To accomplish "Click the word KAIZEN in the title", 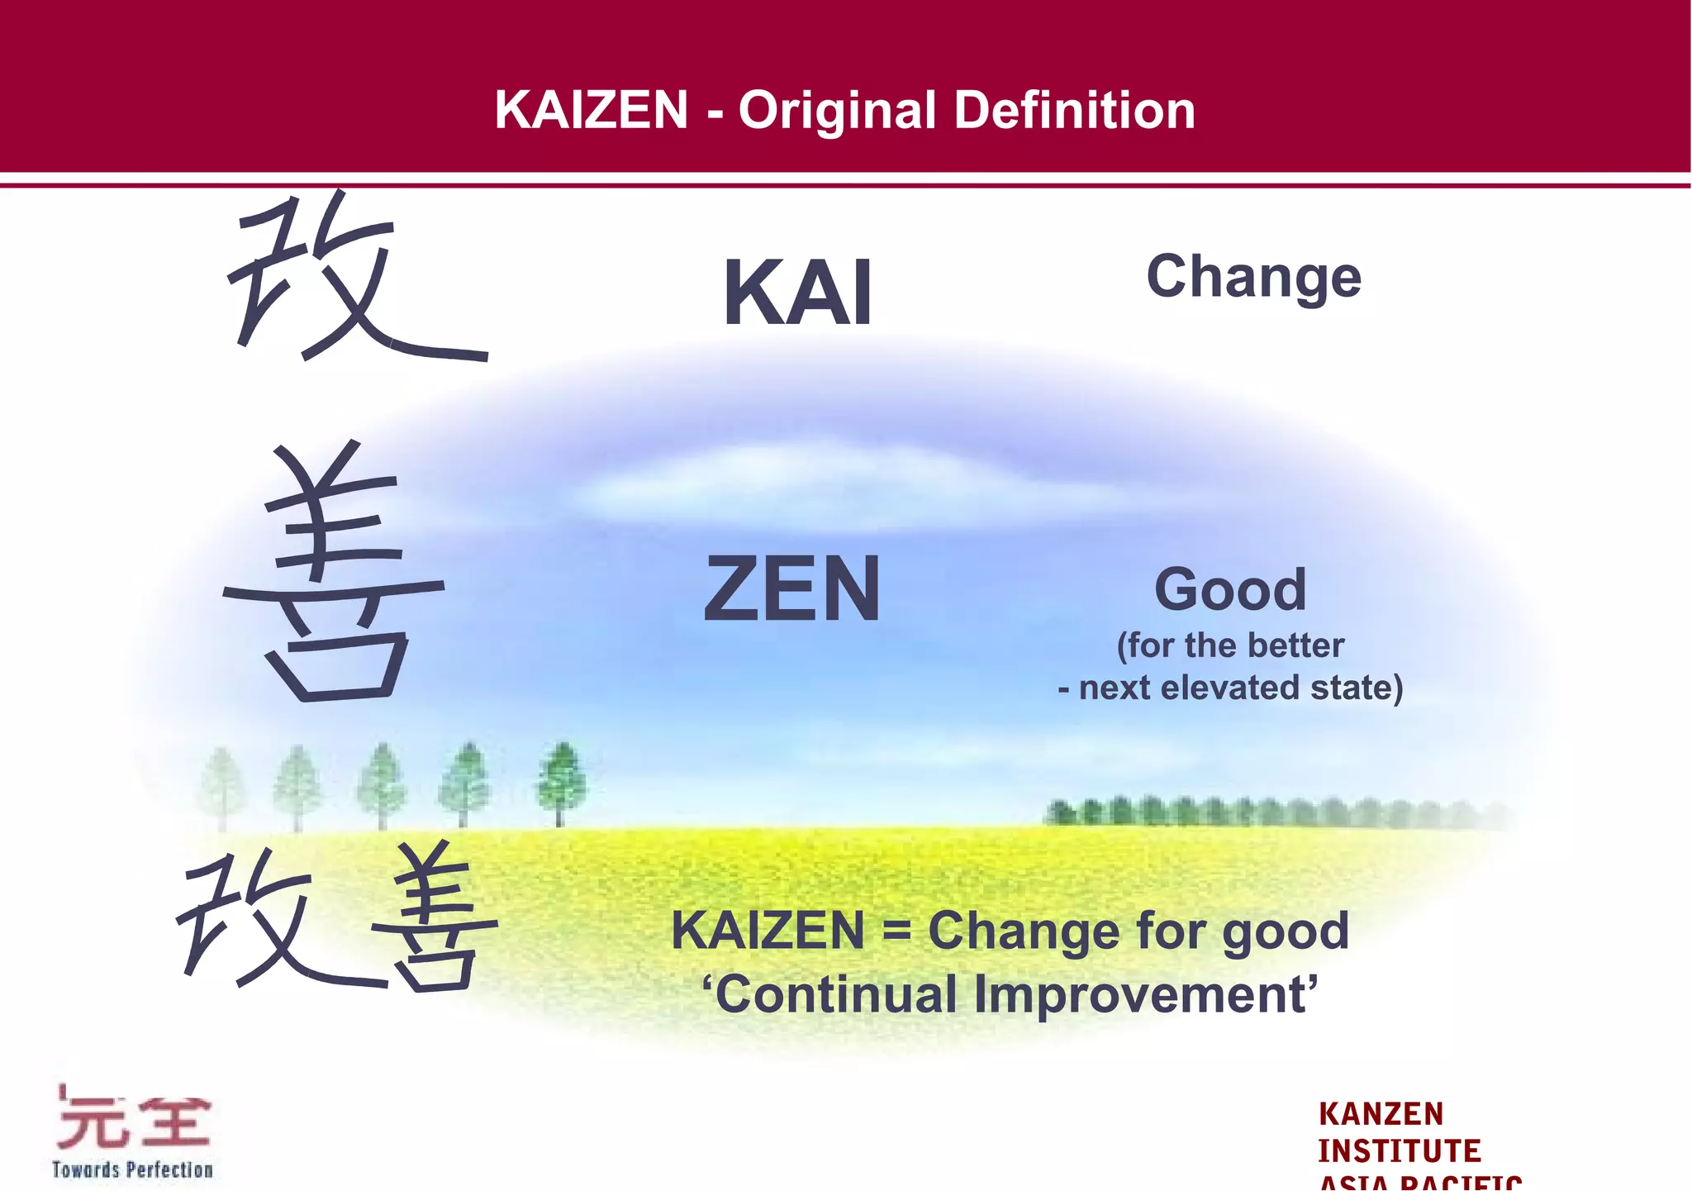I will click(x=591, y=110).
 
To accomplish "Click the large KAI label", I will click(x=797, y=293).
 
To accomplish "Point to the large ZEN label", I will click(x=792, y=588).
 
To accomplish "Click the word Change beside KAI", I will click(x=1253, y=277).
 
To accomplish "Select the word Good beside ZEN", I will click(x=1230, y=589).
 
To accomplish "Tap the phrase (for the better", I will click(x=1230, y=646).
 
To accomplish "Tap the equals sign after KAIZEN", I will click(x=896, y=931).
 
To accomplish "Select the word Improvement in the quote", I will click(x=1145, y=994).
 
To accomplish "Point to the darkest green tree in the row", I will click(x=561, y=781).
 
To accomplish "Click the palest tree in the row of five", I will click(x=221, y=785).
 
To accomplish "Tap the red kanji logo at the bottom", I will click(x=133, y=1120).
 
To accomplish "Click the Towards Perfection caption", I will click(x=132, y=1170).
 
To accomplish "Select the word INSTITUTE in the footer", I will click(x=1399, y=1151).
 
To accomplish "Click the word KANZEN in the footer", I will click(x=1381, y=1114).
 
